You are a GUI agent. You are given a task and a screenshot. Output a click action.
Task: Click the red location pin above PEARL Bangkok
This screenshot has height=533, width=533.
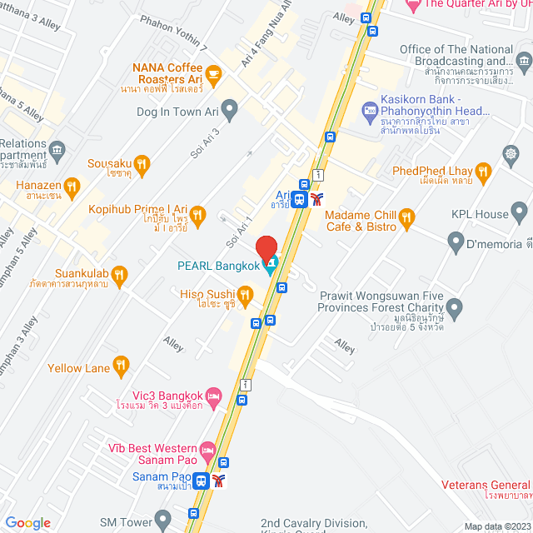pyautogui.click(x=266, y=248)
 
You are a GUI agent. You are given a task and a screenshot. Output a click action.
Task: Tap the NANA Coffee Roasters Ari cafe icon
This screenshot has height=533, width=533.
pyautogui.click(x=214, y=75)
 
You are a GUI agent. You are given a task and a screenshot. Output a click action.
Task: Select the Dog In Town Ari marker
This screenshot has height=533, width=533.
pyautogui.click(x=230, y=107)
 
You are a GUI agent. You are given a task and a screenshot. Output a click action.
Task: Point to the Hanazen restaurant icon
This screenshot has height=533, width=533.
pyautogui.click(x=72, y=187)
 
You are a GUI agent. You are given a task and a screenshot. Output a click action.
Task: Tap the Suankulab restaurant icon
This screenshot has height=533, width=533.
pyautogui.click(x=120, y=273)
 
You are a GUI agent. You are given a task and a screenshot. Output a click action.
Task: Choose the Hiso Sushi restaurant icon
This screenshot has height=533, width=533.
pyautogui.click(x=245, y=293)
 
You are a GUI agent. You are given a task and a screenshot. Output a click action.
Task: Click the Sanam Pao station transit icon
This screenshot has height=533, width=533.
pyautogui.click(x=201, y=481)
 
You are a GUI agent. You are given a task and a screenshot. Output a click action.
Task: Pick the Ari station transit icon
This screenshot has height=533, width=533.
pyautogui.click(x=300, y=198)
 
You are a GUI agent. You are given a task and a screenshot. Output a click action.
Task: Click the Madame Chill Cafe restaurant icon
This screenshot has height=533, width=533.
pyautogui.click(x=406, y=218)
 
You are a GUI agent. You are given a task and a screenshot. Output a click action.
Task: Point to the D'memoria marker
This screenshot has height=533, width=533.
pyautogui.click(x=456, y=243)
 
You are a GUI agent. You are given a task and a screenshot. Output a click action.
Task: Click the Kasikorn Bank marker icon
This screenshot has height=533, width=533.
pyautogui.click(x=371, y=109)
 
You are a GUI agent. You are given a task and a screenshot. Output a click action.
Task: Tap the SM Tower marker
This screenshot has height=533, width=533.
pyautogui.click(x=162, y=521)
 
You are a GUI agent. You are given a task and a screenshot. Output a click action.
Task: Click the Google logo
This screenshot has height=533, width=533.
pyautogui.click(x=27, y=522)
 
